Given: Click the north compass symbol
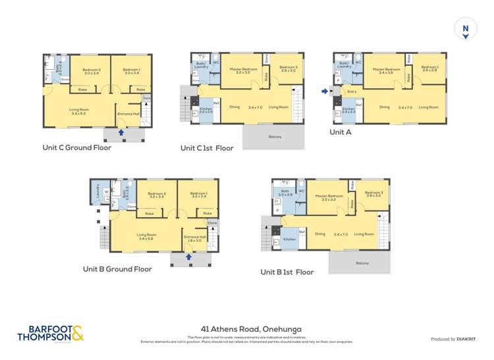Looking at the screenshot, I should [466, 29].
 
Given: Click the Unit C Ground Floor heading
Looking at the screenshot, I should [76, 147].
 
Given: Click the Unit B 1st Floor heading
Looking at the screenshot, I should [287, 271].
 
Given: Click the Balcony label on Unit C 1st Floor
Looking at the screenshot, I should [275, 136].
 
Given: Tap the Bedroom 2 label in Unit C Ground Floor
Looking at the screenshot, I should [91, 70].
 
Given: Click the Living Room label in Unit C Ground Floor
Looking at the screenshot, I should [79, 111].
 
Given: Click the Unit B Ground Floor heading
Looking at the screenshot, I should [117, 269].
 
